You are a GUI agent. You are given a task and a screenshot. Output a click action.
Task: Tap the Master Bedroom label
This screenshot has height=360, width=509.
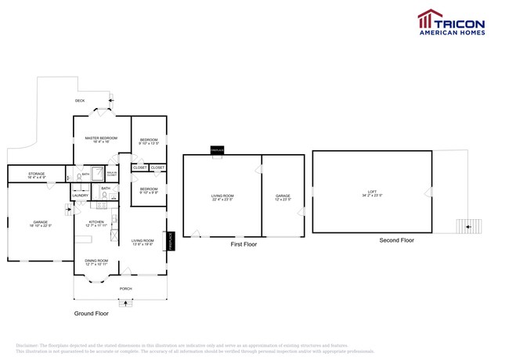[101, 140]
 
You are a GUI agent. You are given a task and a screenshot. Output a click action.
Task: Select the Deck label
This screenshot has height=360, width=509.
[80, 101]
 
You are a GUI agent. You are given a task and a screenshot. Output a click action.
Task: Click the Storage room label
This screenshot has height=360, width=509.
[36, 175]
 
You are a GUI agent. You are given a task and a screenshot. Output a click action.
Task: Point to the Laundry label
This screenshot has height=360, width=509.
[81, 196]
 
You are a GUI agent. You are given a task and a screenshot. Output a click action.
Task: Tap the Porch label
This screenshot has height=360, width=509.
[125, 288]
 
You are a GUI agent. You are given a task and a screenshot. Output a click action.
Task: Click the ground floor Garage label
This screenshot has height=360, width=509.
[40, 224]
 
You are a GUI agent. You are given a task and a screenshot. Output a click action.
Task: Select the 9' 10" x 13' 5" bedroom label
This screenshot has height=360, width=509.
[149, 142]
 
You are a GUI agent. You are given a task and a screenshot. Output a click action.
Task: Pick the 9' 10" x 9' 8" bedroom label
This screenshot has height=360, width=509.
[149, 190]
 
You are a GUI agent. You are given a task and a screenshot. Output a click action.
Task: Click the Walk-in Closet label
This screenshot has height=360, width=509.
[112, 173]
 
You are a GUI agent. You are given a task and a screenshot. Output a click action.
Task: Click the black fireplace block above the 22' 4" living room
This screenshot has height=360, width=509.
[215, 149]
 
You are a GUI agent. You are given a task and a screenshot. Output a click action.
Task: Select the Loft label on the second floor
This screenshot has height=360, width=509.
[372, 193]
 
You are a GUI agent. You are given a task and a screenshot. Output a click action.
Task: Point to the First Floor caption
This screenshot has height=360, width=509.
[242, 244]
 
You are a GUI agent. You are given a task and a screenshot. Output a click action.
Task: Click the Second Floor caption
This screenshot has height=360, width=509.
[396, 240]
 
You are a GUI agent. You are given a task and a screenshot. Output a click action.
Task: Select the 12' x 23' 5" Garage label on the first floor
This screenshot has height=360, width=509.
[283, 197]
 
